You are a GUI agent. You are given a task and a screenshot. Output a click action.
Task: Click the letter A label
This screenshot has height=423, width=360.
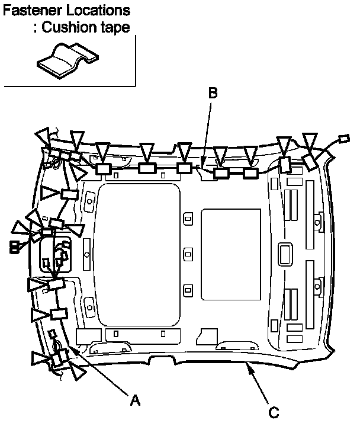point(135,400)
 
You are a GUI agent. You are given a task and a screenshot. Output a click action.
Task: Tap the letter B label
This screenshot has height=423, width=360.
point(213,93)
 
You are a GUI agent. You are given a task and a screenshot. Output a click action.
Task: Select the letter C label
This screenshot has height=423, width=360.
point(274,411)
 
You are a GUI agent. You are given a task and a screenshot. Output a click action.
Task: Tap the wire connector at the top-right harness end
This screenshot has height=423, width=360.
point(342,140)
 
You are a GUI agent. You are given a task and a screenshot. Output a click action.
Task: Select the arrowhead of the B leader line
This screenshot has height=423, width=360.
point(204,165)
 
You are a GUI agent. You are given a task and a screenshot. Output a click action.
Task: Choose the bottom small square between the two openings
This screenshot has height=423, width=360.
point(188,290)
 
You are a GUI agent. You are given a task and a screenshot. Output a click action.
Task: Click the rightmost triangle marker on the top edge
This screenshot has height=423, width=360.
point(310,142)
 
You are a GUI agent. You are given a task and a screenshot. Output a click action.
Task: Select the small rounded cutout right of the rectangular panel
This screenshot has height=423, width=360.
point(285,253)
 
